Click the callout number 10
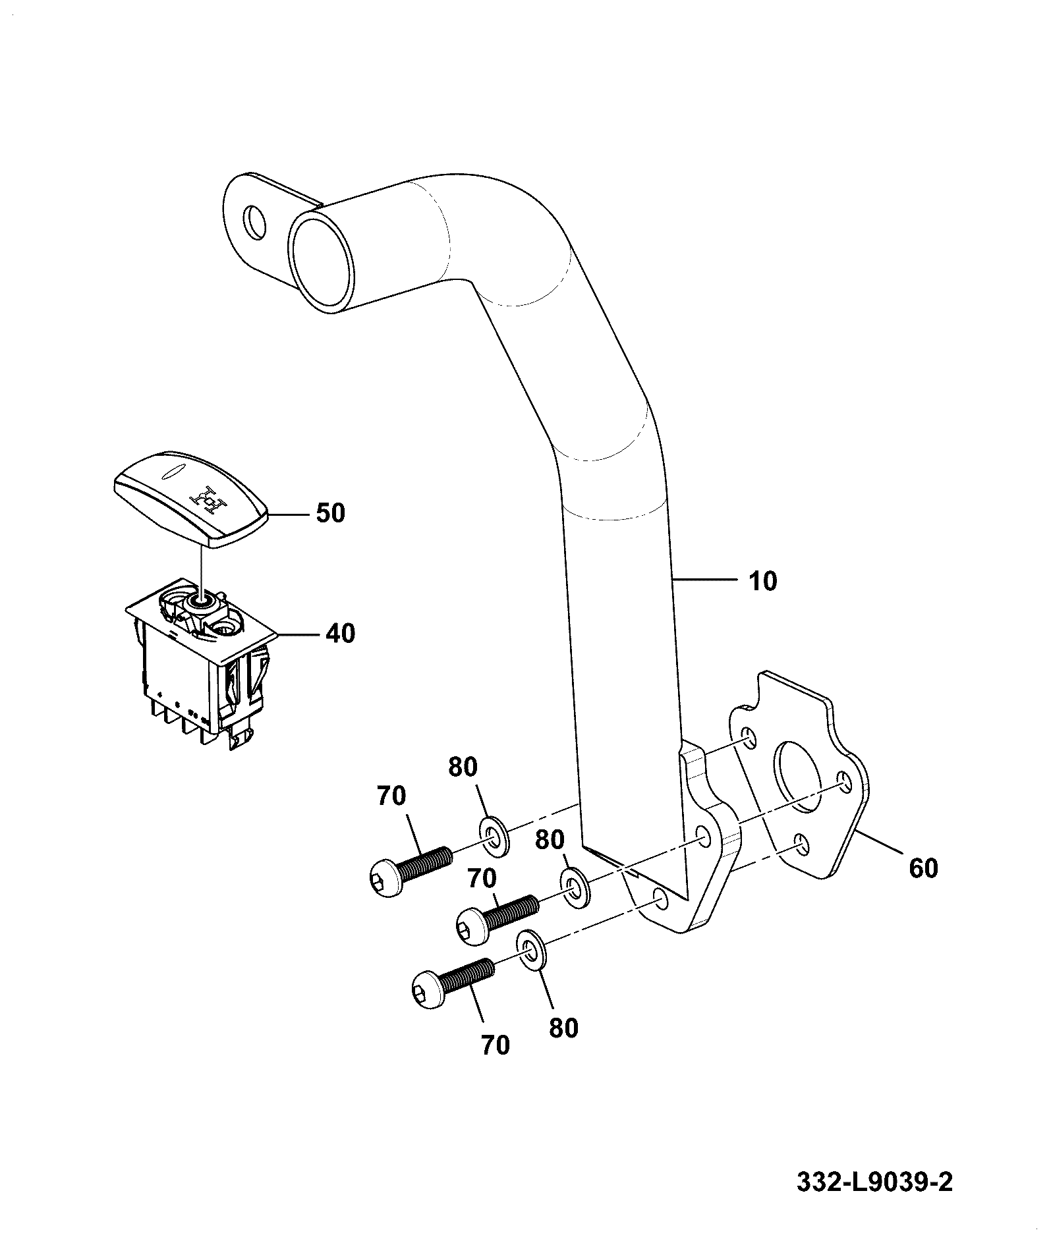762,582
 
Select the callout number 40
340,634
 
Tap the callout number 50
330,513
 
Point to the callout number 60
923,868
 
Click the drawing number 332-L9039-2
874,1182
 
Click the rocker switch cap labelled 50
192,498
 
